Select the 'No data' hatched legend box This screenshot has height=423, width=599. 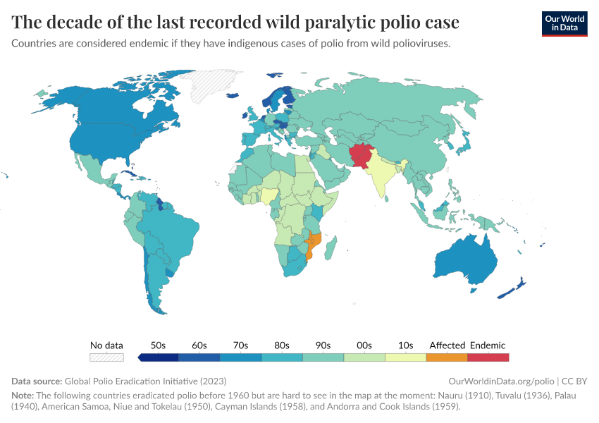106,357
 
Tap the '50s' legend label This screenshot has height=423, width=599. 159,345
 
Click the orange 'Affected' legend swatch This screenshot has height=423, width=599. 447,357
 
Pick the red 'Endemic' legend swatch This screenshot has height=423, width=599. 488,357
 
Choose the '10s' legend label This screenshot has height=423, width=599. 405,345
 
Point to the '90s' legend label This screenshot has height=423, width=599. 323,345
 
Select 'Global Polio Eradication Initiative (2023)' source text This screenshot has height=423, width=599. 145,381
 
